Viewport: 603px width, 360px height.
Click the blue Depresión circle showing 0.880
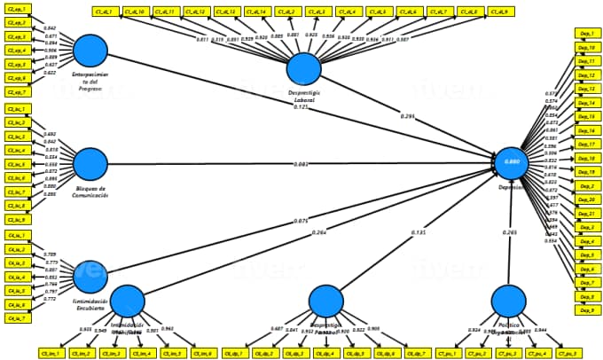click(512, 163)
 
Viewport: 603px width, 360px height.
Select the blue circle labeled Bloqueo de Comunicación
click(90, 164)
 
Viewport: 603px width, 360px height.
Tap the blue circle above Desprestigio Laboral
click(304, 68)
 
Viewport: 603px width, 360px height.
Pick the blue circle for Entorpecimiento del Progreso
click(90, 51)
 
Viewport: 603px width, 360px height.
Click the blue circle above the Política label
click(508, 301)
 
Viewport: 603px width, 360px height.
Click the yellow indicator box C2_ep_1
click(16, 9)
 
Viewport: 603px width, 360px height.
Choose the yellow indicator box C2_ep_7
click(16, 92)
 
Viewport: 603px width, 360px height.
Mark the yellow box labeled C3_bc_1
click(16, 108)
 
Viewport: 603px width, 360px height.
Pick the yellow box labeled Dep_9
click(586, 310)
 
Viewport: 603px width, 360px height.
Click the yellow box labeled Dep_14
click(586, 103)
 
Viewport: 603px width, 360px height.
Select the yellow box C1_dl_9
click(500, 12)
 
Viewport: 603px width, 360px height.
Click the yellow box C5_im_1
click(59, 353)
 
